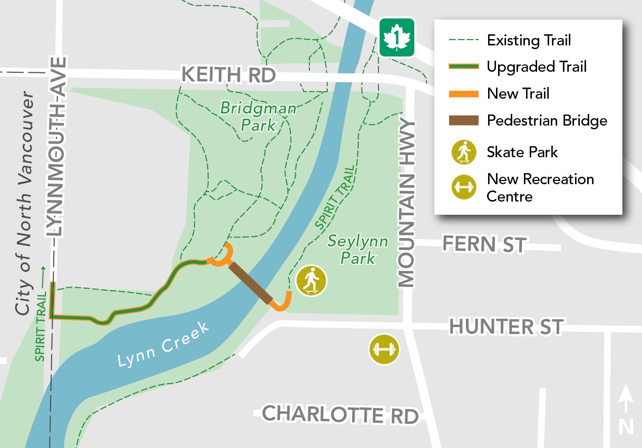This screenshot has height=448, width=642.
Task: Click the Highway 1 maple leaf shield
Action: coord(397,37)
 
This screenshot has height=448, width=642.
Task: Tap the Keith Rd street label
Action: coord(228,75)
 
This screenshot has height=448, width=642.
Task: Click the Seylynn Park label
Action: coord(358,250)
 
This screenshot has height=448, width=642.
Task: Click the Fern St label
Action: coord(484,244)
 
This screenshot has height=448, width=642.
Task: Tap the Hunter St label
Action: coord(506,327)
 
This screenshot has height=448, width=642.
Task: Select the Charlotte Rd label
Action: coord(341,414)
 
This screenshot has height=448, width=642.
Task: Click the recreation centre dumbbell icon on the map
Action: coord(384,349)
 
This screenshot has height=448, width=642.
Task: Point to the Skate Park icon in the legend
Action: coord(463,152)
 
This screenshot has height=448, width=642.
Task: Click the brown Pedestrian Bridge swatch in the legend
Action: coord(463,121)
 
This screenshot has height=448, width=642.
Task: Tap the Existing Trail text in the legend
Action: coord(529,40)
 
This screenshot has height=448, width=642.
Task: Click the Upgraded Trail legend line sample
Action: coord(463,67)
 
